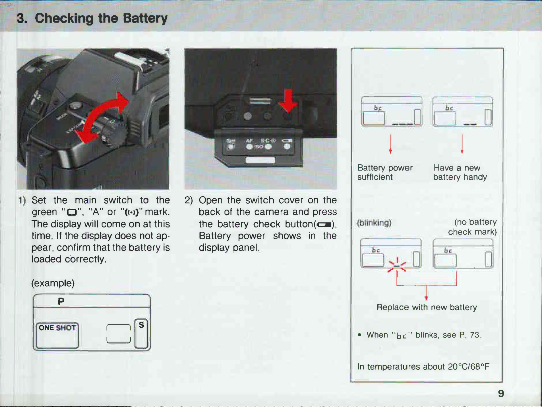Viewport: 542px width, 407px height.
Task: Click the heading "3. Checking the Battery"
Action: (x=92, y=19)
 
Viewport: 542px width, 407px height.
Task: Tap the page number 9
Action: (x=501, y=393)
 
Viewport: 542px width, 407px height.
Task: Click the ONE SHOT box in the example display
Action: (x=58, y=328)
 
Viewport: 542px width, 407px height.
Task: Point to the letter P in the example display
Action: (x=61, y=301)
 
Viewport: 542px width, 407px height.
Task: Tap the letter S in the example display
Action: (x=141, y=325)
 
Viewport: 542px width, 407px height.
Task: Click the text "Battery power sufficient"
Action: (x=384, y=172)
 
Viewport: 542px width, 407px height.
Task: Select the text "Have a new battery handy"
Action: (x=460, y=172)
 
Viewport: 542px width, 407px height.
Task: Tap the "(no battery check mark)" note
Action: (x=472, y=227)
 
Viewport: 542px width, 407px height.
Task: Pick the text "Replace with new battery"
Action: (x=427, y=307)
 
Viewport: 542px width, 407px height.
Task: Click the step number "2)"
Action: (x=189, y=200)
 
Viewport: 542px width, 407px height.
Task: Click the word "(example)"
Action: (x=53, y=283)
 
